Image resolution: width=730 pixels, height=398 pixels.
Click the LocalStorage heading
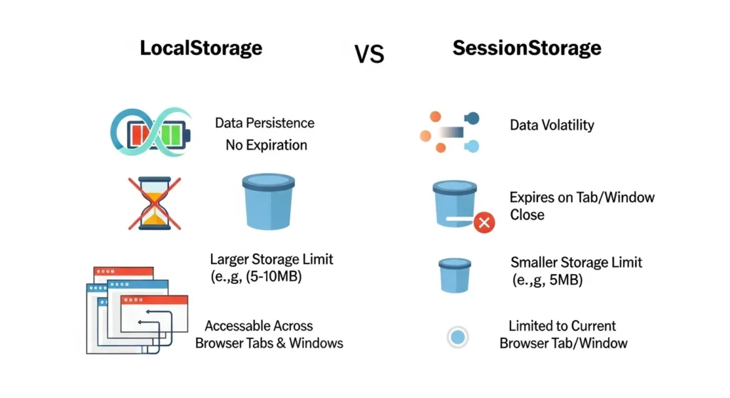[200, 48]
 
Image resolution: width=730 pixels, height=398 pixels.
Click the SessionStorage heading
[527, 48]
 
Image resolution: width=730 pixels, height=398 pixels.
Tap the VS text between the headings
[369, 53]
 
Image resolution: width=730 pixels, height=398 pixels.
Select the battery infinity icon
[151, 132]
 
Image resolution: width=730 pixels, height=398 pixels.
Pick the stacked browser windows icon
[135, 309]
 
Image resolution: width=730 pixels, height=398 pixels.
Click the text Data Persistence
[264, 123]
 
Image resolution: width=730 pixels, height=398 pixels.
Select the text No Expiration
[266, 145]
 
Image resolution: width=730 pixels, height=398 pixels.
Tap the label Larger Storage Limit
[272, 258]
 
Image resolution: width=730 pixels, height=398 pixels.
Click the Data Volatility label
[552, 125]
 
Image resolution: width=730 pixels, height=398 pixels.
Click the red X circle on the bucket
[484, 223]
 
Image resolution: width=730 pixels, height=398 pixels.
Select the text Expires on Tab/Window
[582, 197]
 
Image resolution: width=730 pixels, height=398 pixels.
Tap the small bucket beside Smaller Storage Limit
[454, 274]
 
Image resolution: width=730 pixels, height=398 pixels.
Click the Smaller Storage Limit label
[576, 262]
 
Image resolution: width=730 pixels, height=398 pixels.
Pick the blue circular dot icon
[458, 337]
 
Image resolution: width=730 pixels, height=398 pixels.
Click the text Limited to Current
[562, 326]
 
